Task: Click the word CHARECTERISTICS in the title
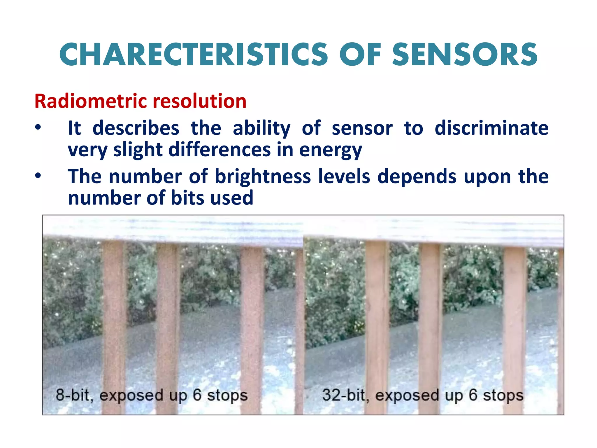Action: (194, 55)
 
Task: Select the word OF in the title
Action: (360, 55)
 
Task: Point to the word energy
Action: (331, 150)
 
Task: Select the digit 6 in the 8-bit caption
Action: (197, 395)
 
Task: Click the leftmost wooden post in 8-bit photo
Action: (114, 321)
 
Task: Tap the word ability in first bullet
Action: (261, 129)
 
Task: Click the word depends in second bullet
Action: (417, 177)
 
